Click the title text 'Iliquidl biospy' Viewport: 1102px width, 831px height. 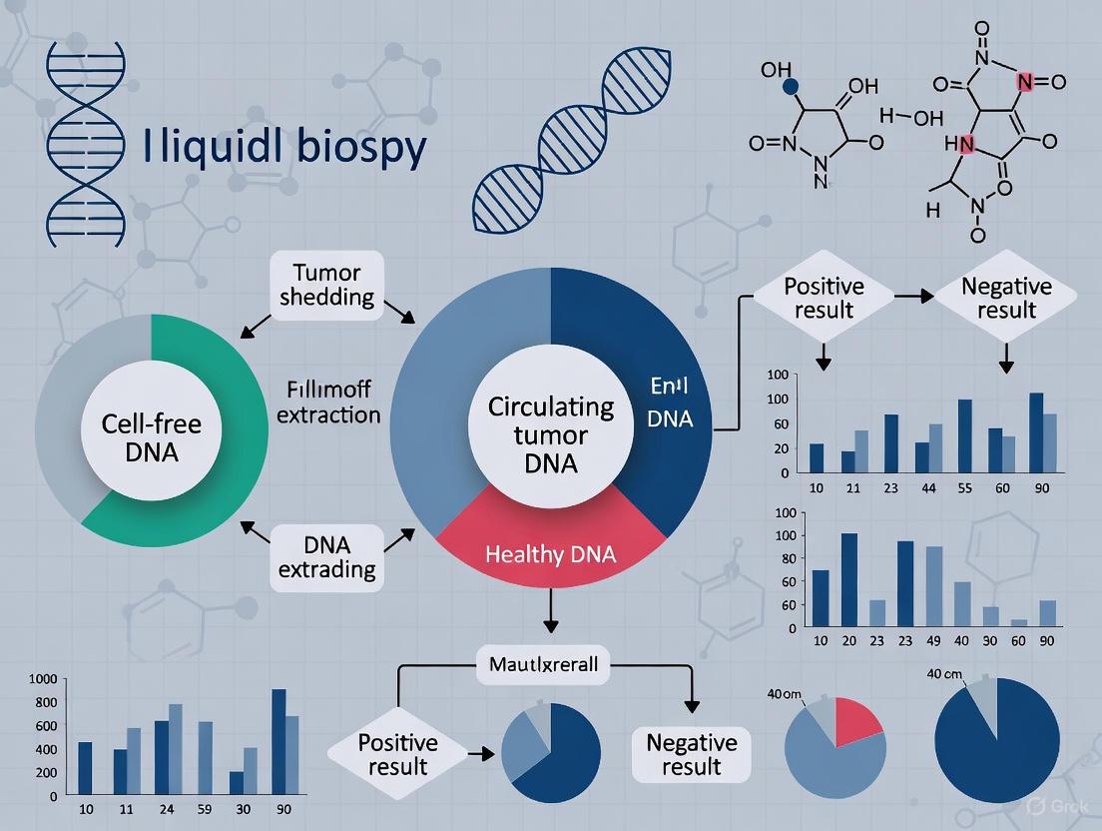pyautogui.click(x=284, y=147)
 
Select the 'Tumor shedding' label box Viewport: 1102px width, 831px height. pyautogui.click(x=327, y=284)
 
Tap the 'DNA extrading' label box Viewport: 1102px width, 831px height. pyautogui.click(x=327, y=556)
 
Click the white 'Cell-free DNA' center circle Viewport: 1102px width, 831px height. pyautogui.click(x=152, y=437)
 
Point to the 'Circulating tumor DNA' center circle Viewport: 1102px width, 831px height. pyautogui.click(x=550, y=435)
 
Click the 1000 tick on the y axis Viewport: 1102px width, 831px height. pyautogui.click(x=44, y=679)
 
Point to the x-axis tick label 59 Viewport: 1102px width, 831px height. pyautogui.click(x=206, y=808)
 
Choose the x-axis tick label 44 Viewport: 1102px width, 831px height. pyautogui.click(x=928, y=489)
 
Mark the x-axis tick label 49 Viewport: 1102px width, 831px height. pyautogui.click(x=933, y=641)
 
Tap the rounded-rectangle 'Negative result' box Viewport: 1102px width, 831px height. pyautogui.click(x=691, y=755)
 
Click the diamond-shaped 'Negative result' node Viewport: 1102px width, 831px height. pyautogui.click(x=1006, y=298)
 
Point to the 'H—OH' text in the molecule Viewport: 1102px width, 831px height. pyautogui.click(x=911, y=118)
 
